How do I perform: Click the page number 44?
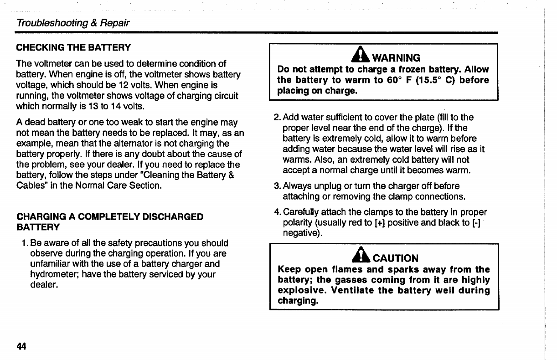point(21,346)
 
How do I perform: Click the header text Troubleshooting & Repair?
point(73,23)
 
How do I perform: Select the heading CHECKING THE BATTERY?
point(73,47)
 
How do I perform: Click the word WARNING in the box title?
point(396,58)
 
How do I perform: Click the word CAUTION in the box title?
point(396,258)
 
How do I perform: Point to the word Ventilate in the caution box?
point(354,291)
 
